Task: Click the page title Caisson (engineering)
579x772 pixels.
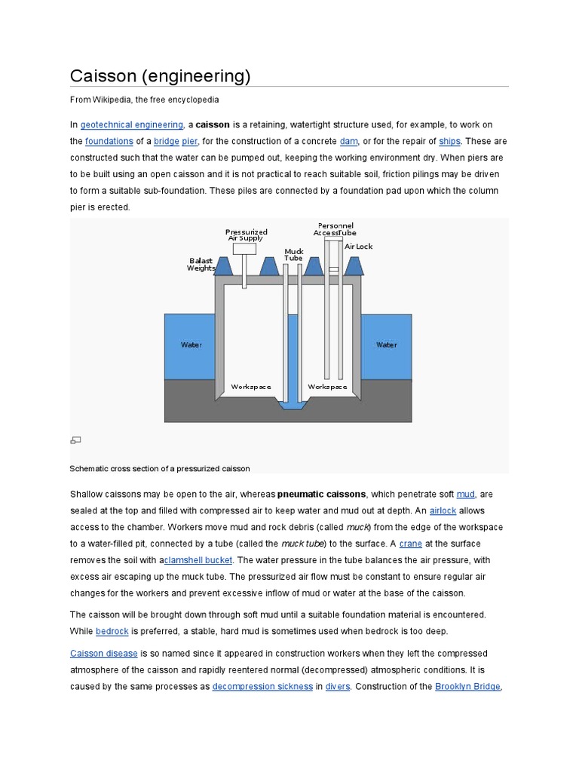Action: click(160, 76)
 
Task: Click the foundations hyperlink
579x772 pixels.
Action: click(109, 141)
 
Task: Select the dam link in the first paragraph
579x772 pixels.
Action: click(348, 141)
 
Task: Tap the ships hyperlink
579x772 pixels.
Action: click(450, 141)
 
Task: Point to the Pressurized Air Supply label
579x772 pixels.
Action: click(246, 234)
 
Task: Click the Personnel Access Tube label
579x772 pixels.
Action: click(335, 229)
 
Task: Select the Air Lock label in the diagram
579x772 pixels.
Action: click(359, 247)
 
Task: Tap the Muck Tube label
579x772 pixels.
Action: click(293, 254)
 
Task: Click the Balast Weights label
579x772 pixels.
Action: click(201, 264)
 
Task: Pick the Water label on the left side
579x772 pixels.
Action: click(191, 345)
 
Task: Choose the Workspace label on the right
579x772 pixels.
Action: click(328, 387)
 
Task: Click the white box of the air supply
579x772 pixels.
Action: click(244, 249)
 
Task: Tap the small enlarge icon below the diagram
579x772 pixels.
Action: click(75, 440)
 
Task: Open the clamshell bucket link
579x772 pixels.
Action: click(199, 560)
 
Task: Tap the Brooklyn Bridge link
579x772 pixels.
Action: click(467, 687)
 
